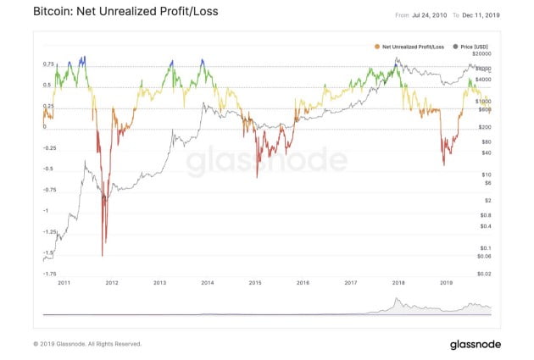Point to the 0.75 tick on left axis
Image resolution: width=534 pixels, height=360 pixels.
click(48, 64)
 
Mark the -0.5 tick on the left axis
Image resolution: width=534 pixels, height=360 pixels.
click(48, 169)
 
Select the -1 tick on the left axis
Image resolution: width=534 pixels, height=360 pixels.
click(46, 210)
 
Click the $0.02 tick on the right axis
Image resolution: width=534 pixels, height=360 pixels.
click(484, 273)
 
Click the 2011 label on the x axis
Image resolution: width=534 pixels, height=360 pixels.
click(63, 284)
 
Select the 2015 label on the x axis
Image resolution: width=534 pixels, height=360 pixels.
click(254, 284)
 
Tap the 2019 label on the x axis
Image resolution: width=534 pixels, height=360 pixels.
click(447, 284)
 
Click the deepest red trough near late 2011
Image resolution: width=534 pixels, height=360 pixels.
click(103, 255)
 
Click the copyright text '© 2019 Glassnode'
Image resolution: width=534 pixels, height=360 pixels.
click(86, 344)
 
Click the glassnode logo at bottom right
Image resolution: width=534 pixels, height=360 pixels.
click(476, 344)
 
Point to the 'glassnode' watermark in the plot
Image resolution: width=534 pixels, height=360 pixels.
click(267, 161)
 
